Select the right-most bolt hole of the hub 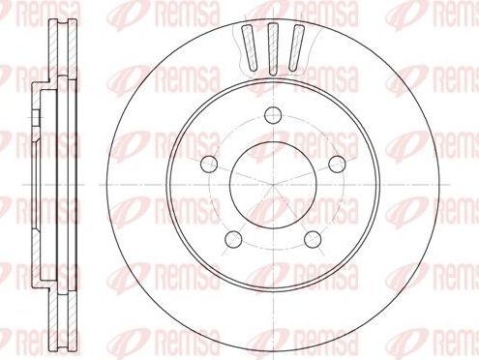pos(338,165)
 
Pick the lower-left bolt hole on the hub pos(232,237)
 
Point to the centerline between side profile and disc pos(92,185)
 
